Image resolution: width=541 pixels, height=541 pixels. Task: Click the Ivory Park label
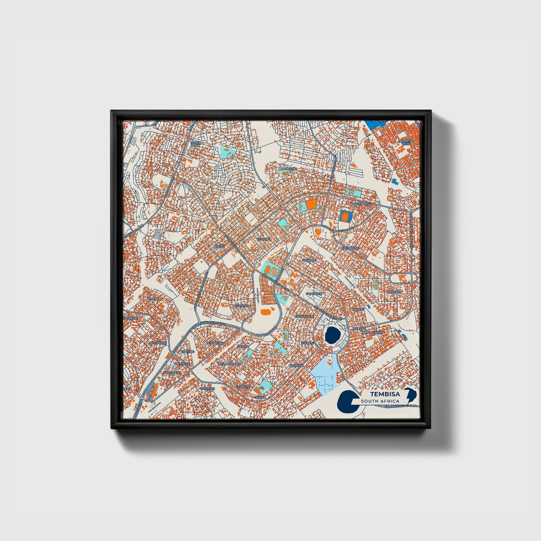pos(196,144)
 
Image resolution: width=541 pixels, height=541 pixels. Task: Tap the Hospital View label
pos(406,142)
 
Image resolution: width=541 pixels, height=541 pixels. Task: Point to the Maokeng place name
pos(288,169)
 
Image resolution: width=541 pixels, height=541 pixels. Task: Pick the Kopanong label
pos(350,248)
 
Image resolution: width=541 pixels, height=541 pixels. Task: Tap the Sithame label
pos(309,260)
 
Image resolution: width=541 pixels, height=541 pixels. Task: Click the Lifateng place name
pos(241,306)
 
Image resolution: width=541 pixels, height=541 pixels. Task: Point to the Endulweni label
pos(304,316)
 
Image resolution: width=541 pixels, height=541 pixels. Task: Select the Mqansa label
pos(395,292)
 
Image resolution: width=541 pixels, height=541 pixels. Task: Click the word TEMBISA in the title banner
pos(385,394)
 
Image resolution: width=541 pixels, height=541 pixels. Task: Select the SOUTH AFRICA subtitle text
pos(380,401)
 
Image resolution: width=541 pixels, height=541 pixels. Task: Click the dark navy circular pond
pos(331,335)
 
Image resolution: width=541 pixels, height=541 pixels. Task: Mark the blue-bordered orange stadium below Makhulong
pos(344,216)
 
